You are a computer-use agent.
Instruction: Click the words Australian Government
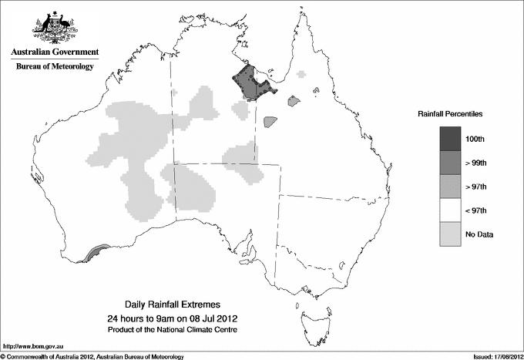pos(54,52)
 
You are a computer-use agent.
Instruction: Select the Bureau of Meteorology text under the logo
pos(54,67)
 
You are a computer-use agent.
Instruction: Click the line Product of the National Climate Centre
pos(184,330)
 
